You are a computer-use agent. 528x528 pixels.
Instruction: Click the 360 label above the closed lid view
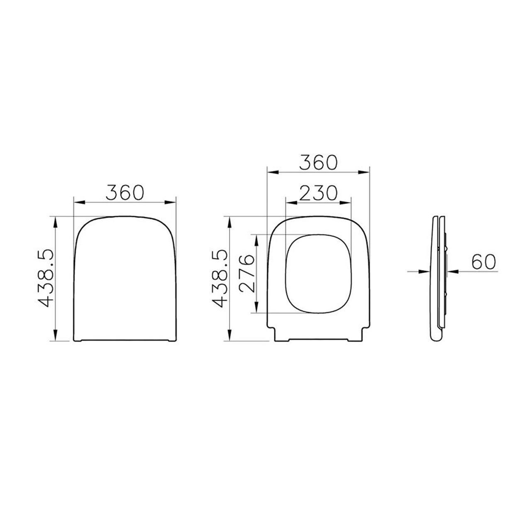tap(125, 192)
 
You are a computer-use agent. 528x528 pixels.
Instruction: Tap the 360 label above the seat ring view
tap(318, 162)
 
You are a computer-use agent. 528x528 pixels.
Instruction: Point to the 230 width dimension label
tap(319, 193)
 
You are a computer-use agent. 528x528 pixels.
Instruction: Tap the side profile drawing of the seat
tap(438, 278)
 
